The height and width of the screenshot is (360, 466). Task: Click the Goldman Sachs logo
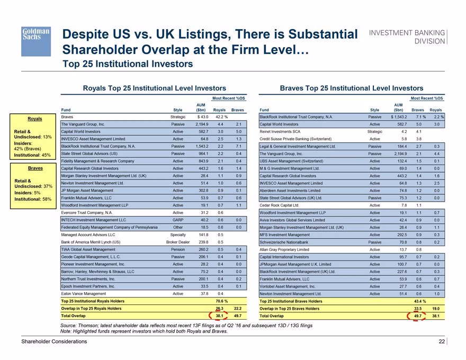tap(36, 41)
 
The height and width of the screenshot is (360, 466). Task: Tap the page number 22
tap(442, 341)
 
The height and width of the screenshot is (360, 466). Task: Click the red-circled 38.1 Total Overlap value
tap(219, 316)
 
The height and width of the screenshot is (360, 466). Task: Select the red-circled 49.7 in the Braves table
tap(418, 316)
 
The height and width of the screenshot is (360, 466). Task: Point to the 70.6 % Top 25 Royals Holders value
tap(222, 301)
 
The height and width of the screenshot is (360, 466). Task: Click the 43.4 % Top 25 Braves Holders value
tap(420, 301)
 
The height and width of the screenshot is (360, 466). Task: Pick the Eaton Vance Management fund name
tap(84, 294)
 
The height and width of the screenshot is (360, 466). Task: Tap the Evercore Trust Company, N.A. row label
tap(87, 213)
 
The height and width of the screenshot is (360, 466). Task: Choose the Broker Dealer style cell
tap(178, 242)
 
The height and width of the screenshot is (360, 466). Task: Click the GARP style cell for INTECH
tap(178, 220)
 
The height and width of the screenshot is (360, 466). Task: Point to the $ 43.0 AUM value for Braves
tap(203, 117)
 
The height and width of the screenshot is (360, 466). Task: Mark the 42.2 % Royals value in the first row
tap(222, 117)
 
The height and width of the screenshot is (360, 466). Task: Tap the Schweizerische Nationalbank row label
tap(284, 242)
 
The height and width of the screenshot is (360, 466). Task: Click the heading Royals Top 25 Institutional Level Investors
tap(154, 88)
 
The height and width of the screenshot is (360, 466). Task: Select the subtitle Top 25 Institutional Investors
tap(128, 64)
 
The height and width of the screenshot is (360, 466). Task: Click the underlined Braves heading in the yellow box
tap(35, 168)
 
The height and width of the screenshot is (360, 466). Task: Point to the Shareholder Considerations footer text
tap(54, 341)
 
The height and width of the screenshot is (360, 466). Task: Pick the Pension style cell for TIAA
tap(178, 249)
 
